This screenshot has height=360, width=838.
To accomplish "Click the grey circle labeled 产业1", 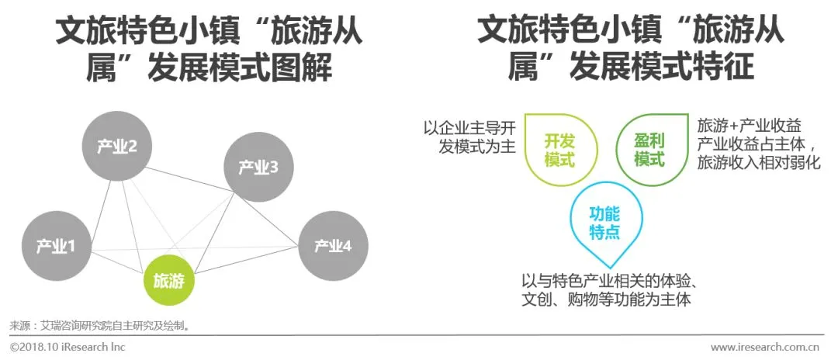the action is click(55, 247).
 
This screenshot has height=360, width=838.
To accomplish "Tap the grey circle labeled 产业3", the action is click(257, 166).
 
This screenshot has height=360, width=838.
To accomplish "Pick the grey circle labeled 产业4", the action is click(333, 246).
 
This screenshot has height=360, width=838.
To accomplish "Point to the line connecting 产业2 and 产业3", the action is click(187, 158).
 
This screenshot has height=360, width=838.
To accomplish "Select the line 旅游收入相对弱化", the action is click(758, 163).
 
